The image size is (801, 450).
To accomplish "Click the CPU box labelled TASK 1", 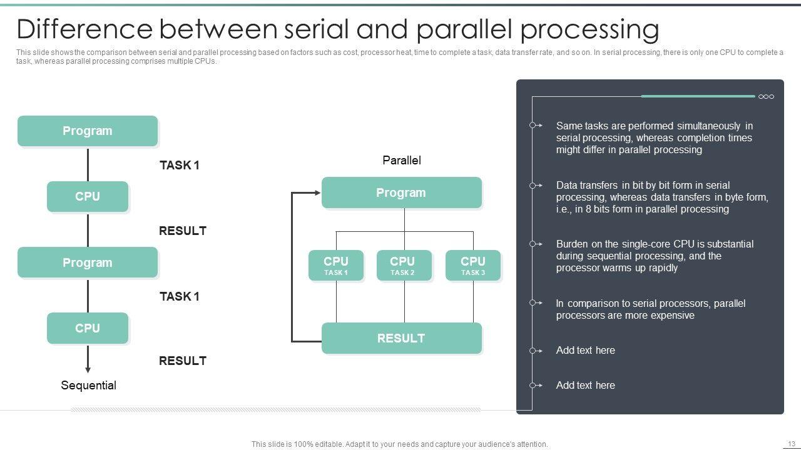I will (336, 266).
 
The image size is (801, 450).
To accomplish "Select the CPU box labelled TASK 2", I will (404, 266).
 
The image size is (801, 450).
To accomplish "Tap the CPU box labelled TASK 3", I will (473, 266).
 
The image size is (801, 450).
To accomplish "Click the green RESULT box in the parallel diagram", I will (401, 338).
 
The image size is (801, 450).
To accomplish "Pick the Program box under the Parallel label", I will (401, 192).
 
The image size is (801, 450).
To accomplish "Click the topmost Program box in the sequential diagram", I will (88, 131).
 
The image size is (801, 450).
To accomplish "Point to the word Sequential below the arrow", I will (88, 386).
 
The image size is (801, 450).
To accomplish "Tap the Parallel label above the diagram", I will (402, 161).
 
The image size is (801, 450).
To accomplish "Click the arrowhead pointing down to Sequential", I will (88, 369).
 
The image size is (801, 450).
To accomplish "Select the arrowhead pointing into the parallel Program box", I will (317, 192).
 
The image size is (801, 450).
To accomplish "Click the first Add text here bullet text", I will (585, 351).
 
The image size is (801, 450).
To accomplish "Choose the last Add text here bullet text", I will (585, 386).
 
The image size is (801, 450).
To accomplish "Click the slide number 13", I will (791, 444).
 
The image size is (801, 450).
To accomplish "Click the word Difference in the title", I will (84, 29).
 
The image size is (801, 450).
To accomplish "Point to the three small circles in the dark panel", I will (766, 96).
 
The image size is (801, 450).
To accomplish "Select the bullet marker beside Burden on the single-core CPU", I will (533, 244).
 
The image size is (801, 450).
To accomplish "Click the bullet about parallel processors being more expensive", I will (650, 309).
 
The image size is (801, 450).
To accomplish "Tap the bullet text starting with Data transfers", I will (662, 197).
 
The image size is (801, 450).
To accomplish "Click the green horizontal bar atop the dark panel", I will (698, 96).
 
